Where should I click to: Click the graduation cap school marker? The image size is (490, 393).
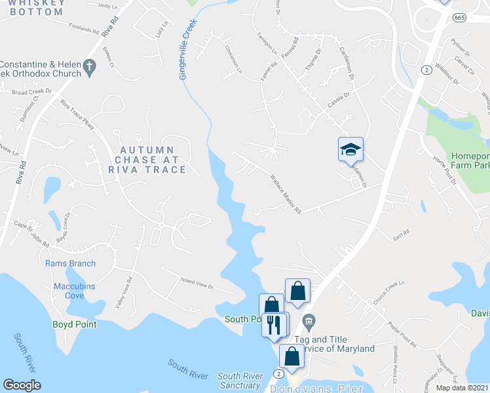(350, 149)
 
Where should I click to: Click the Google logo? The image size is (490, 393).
(22, 385)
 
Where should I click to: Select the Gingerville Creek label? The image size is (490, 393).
(187, 49)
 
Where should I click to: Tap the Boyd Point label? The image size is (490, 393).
(75, 324)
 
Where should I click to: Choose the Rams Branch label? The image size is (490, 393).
(70, 263)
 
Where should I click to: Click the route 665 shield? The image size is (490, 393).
(459, 17)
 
